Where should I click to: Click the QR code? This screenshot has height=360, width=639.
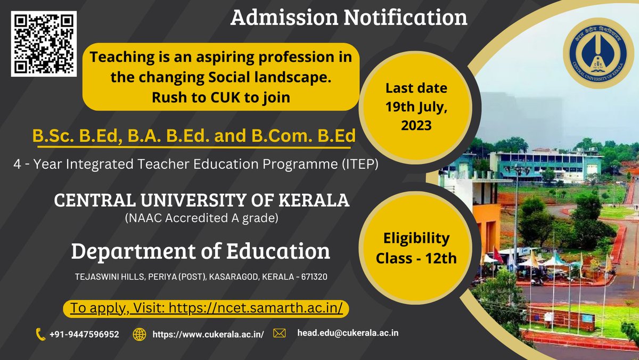tap(44, 44)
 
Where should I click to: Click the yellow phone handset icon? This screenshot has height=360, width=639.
tap(40, 334)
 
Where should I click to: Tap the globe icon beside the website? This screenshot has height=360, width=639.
tap(140, 334)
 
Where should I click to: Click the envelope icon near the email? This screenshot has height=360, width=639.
tap(280, 333)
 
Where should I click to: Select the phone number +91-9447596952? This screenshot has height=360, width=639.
tap(84, 334)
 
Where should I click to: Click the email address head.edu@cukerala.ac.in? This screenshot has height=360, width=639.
tap(348, 333)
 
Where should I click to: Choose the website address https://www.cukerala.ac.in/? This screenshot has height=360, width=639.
tap(208, 334)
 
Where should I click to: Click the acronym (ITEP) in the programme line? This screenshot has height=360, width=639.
tap(359, 166)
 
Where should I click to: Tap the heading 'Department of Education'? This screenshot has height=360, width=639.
tap(200, 251)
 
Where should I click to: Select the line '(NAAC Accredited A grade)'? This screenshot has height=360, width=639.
tap(201, 218)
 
